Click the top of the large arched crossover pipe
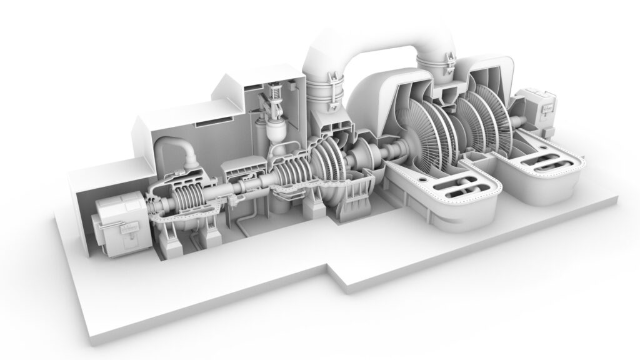click(x=374, y=48)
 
